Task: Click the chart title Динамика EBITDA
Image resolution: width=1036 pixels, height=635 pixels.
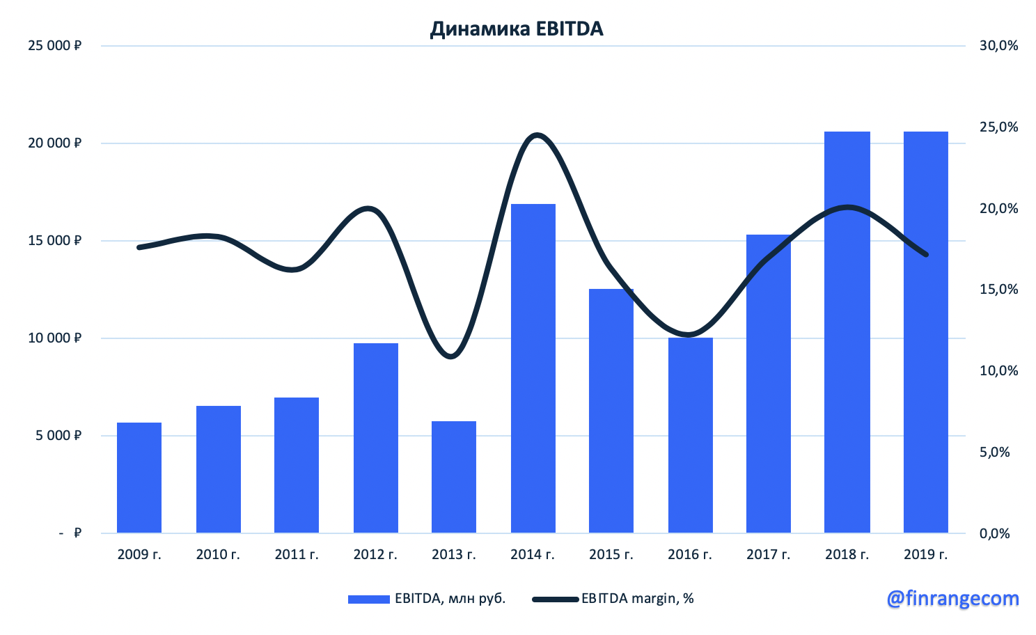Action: pos(517,29)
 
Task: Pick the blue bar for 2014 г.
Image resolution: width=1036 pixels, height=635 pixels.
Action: pos(533,369)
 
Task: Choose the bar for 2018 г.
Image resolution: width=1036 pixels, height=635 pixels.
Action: pos(847,333)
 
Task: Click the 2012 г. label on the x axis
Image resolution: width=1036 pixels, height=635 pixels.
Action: pos(375,555)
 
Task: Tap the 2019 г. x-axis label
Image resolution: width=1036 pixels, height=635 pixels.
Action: pos(926,555)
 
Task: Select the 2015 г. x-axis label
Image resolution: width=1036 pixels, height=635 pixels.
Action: pos(611,555)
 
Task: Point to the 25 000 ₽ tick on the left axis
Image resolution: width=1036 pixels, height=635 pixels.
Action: pos(54,46)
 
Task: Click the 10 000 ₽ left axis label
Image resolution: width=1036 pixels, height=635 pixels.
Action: pos(54,338)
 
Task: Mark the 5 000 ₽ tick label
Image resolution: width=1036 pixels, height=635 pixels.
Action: pos(58,436)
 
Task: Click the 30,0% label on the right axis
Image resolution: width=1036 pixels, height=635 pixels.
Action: pos(998,46)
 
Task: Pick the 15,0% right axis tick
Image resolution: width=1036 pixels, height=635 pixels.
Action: pos(998,290)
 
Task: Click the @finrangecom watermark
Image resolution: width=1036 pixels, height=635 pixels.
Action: pos(952,598)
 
